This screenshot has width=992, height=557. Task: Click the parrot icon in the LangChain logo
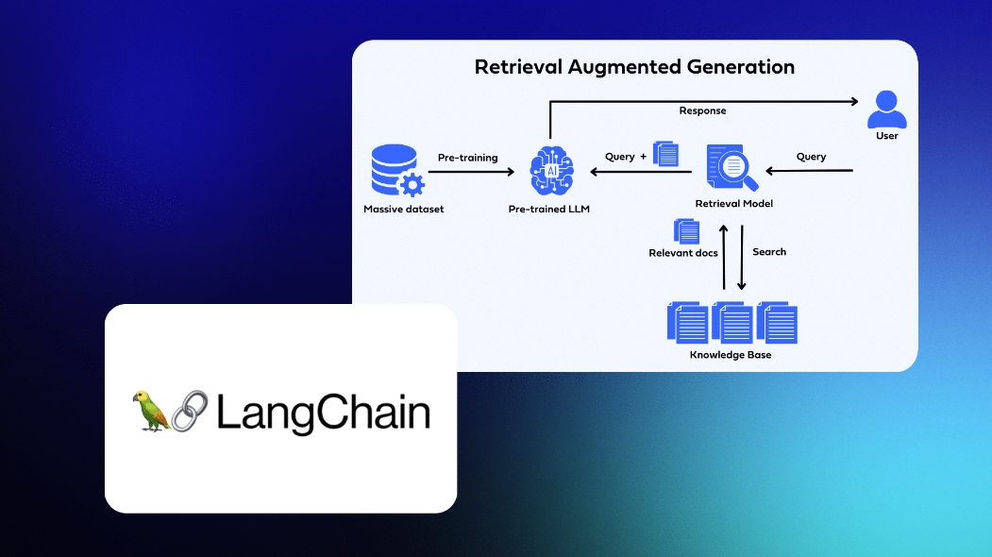[152, 411]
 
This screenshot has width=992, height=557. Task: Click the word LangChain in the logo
[324, 413]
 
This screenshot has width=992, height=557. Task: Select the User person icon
[886, 110]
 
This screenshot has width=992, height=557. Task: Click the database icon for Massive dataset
[394, 170]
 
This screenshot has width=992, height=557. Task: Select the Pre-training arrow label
[467, 158]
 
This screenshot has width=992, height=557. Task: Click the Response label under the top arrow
[702, 110]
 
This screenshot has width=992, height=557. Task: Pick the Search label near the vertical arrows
[769, 252]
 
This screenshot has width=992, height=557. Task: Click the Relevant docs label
[683, 253]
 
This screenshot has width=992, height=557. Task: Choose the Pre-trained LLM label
[548, 209]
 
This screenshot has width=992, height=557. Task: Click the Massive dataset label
[403, 209]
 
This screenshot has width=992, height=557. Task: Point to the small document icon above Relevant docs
[686, 230]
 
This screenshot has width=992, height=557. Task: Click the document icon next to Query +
[666, 154]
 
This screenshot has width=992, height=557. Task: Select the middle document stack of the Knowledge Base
[732, 323]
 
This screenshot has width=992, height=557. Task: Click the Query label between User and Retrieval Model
[811, 157]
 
